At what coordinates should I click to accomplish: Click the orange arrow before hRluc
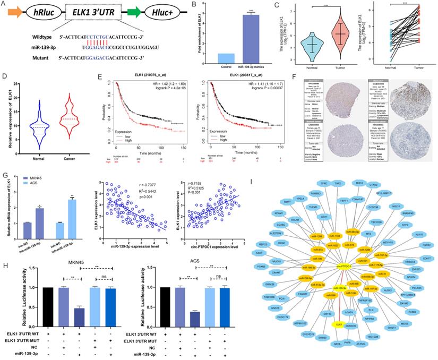[x=15, y=10]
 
